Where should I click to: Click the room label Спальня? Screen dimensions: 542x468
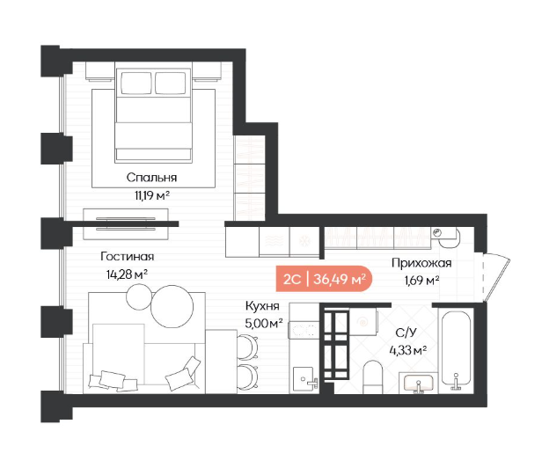coord(151,178)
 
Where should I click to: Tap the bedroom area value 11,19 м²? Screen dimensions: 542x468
coord(152,195)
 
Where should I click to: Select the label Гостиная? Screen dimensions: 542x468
coord(128,257)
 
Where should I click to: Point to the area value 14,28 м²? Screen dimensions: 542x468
coord(128,274)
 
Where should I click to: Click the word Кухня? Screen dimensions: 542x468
coord(262,306)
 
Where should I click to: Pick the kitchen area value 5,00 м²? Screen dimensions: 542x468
coord(264,323)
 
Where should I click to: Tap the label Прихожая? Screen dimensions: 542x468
coord(421,263)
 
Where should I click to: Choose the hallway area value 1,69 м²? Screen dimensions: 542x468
coord(421,280)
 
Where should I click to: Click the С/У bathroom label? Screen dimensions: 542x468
coord(406,333)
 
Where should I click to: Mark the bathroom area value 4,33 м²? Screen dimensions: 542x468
coord(408,350)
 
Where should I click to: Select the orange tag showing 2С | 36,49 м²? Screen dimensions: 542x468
coord(324,279)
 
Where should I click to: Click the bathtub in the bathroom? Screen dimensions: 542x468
coord(456,350)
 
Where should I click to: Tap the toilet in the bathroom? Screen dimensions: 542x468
coord(373,377)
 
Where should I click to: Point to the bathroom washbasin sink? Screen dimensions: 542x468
coord(418,383)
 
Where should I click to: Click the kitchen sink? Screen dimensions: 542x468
coord(304,379)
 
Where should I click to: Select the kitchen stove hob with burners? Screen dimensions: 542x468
coord(304,330)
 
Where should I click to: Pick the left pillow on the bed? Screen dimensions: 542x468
coord(136,83)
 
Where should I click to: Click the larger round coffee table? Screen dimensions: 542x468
coord(172,307)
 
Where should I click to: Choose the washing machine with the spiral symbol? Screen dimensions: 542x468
coord(363,322)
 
